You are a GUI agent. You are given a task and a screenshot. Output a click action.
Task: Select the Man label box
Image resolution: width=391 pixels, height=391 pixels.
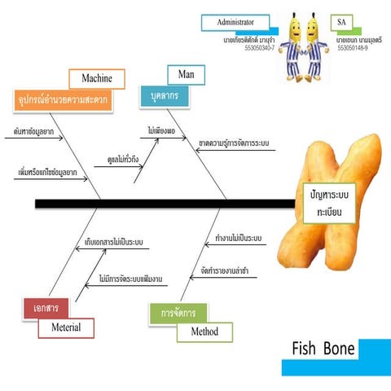click(185, 75)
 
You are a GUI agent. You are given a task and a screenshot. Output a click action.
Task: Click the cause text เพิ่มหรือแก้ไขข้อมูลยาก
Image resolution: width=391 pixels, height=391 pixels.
click(46, 173)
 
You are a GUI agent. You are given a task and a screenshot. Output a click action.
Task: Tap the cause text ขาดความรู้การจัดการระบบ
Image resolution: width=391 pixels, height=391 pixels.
click(234, 144)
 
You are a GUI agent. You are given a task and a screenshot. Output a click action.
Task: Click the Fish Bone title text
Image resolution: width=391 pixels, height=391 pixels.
click(323, 349)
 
